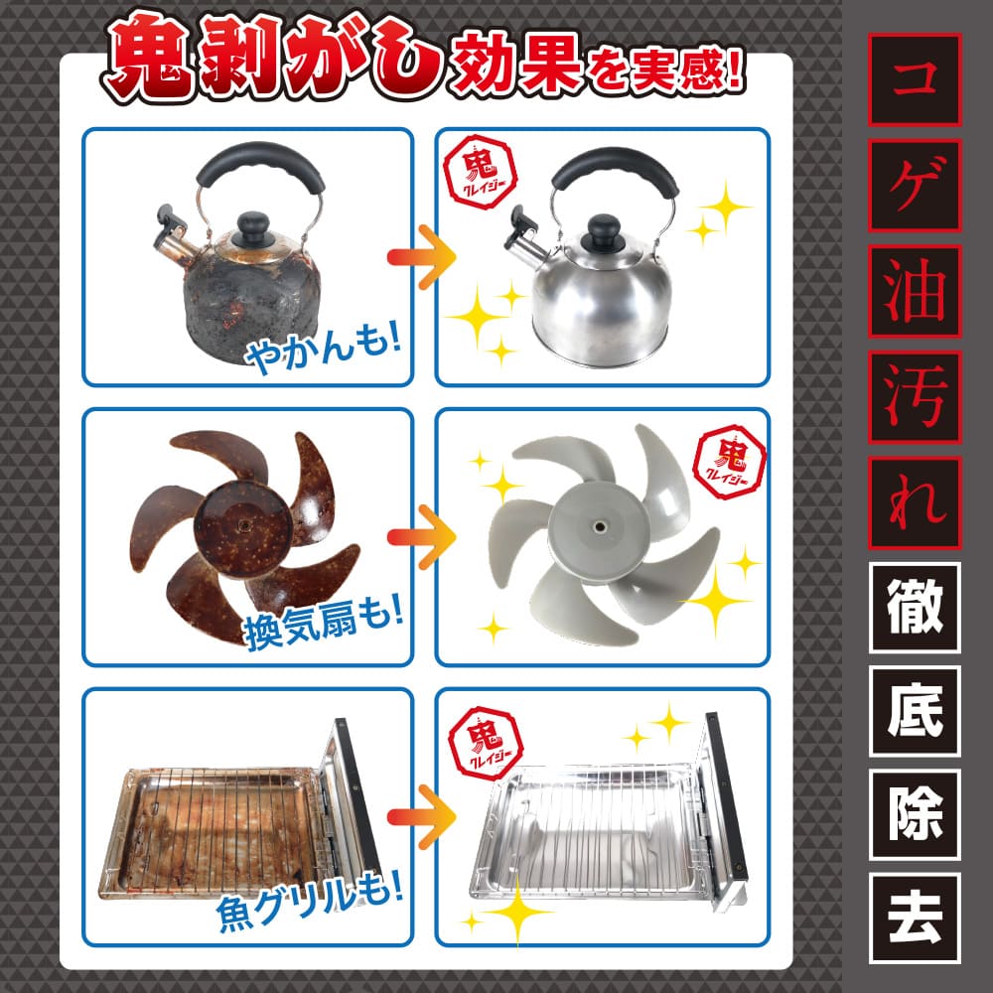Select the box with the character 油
914,290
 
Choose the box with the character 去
914,919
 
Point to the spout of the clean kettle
521,227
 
